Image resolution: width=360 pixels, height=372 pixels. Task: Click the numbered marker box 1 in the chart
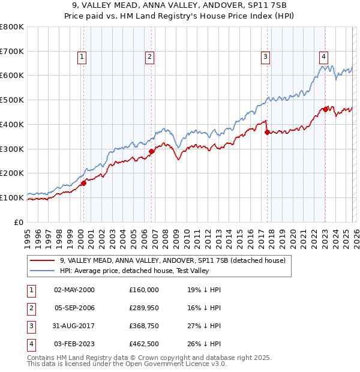[82, 57]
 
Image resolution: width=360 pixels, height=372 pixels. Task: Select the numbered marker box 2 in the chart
[149, 57]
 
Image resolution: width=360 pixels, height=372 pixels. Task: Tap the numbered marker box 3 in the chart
[265, 57]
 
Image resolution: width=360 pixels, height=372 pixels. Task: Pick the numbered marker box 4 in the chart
[323, 57]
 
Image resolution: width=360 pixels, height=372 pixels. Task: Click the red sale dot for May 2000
[83, 183]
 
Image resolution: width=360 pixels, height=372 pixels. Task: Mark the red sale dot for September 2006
[151, 151]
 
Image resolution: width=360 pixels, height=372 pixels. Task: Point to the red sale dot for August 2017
[267, 132]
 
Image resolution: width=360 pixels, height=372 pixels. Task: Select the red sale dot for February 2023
[325, 109]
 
